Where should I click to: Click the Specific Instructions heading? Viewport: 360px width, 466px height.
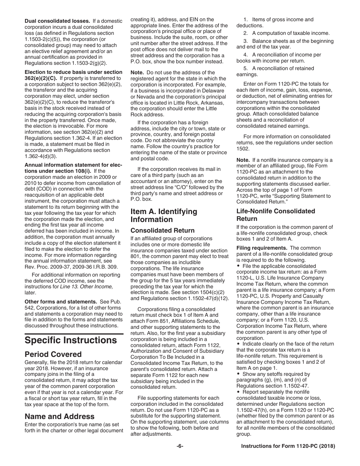point(70,340)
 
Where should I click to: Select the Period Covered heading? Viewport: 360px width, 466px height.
point(53,355)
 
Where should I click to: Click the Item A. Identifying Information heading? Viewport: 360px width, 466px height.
point(164,216)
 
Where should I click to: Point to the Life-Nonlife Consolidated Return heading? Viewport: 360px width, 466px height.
point(275,215)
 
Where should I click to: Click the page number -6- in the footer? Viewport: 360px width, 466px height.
point(180,446)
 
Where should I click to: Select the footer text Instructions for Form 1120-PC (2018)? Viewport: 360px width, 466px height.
point(288,446)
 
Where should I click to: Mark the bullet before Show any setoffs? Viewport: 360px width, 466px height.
point(239,374)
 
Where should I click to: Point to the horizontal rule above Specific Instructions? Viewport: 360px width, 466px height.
point(74,334)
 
